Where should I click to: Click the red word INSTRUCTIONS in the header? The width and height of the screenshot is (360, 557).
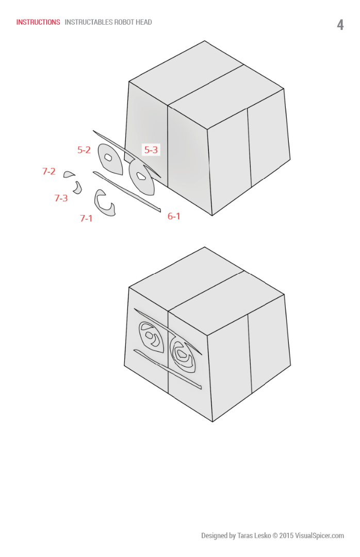pos(38,22)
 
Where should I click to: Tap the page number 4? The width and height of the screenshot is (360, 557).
pos(340,25)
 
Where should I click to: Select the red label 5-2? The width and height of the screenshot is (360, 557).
pos(84,150)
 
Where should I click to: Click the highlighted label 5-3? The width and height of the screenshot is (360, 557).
pos(151,150)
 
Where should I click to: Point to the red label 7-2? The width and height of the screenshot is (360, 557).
pos(49,171)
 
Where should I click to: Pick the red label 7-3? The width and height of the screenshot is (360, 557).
pos(61,198)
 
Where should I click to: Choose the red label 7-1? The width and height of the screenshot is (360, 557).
pos(86,218)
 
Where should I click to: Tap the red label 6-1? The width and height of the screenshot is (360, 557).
pos(174,216)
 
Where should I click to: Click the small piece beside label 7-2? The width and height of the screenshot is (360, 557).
pos(69,175)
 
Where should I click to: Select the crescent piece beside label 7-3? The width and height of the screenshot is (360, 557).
pos(78,188)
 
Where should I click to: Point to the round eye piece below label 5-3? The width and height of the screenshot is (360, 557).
pos(142,177)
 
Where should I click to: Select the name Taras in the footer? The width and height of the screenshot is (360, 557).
pos(246,536)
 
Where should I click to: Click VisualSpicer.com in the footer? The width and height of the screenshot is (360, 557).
pos(319,536)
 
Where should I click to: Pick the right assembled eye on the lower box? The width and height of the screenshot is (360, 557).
pos(183,354)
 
